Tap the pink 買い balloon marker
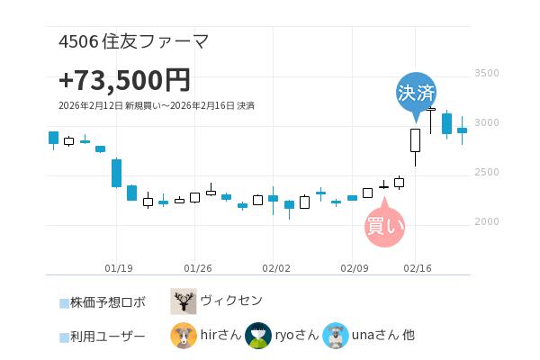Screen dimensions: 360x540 [385, 225]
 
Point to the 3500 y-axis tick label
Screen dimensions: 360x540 [486, 73]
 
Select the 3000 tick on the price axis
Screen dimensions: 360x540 [486, 122]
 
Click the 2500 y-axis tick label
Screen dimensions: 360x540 [486, 172]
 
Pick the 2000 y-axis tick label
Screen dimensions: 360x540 [486, 221]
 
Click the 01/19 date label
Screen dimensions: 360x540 [119, 267]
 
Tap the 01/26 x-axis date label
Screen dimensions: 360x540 [198, 267]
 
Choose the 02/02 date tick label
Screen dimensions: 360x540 [275, 267]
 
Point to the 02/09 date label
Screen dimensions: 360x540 [355, 267]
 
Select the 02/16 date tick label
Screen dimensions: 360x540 [418, 267]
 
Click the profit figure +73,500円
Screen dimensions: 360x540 [124, 80]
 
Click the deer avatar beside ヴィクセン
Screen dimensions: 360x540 [184, 301]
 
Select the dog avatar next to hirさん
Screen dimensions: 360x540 [184, 336]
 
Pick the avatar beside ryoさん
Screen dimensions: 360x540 [258, 336]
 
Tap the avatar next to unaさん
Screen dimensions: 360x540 [336, 336]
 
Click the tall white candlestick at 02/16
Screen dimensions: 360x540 [415, 139]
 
